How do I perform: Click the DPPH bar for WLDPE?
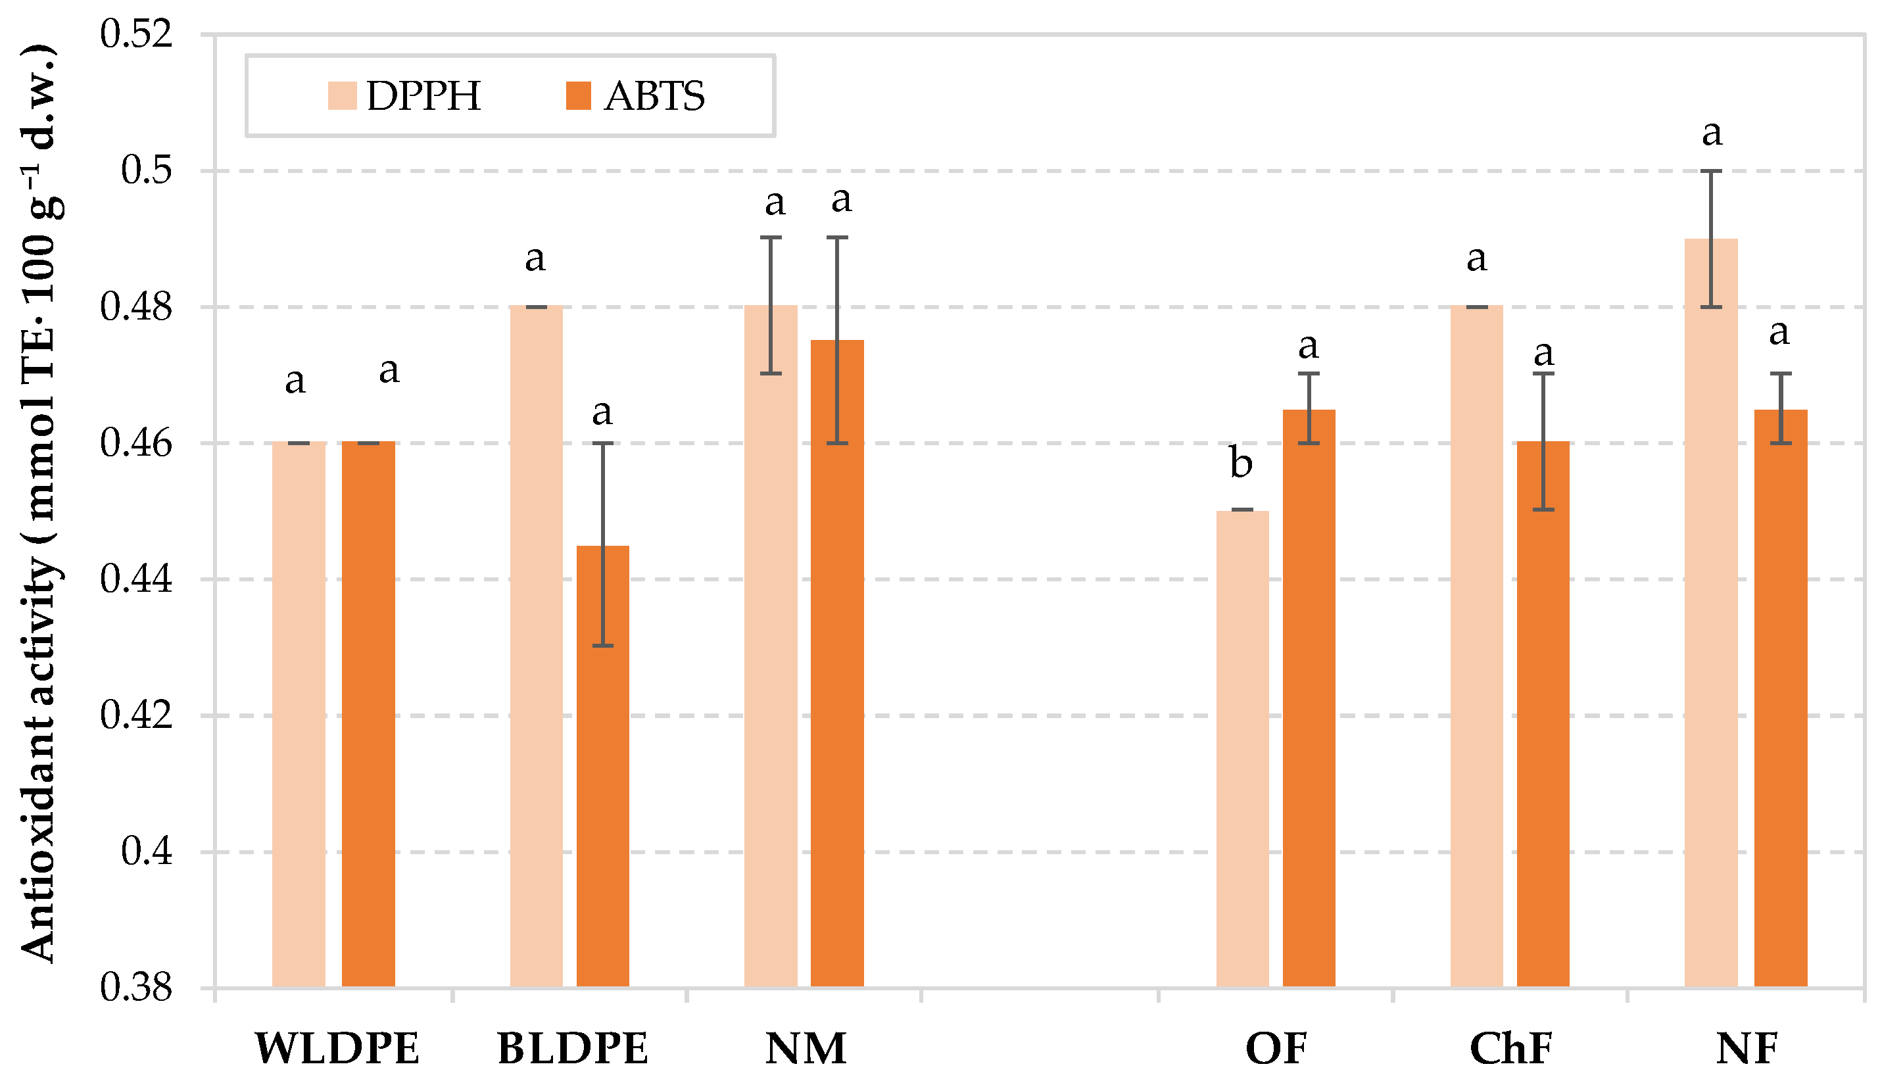[299, 714]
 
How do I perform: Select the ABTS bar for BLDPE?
[602, 766]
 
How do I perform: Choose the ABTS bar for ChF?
[1543, 714]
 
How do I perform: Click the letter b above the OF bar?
[1240, 464]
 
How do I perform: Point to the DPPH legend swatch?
[342, 96]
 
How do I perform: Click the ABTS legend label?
[654, 96]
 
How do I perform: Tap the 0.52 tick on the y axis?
[136, 35]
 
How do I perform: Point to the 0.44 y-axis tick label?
[136, 579]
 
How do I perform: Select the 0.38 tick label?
[136, 988]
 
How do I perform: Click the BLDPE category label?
[573, 1049]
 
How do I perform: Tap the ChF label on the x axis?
[1511, 1049]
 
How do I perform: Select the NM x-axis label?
[806, 1049]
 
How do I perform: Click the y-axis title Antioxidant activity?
[37, 506]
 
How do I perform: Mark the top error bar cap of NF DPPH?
[1711, 171]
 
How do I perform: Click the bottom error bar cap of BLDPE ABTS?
[602, 646]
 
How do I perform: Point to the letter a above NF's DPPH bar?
[1712, 135]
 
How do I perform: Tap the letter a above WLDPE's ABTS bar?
[389, 370]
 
